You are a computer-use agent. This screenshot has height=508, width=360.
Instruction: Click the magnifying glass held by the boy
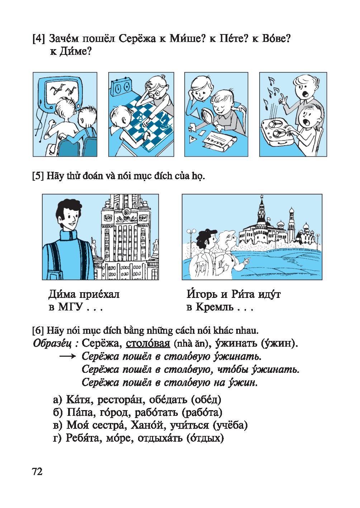pyautogui.click(x=208, y=116)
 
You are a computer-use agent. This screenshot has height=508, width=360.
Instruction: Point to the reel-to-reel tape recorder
pyautogui.click(x=278, y=132)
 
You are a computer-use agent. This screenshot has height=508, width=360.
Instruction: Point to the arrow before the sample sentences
pyautogui.click(x=68, y=356)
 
